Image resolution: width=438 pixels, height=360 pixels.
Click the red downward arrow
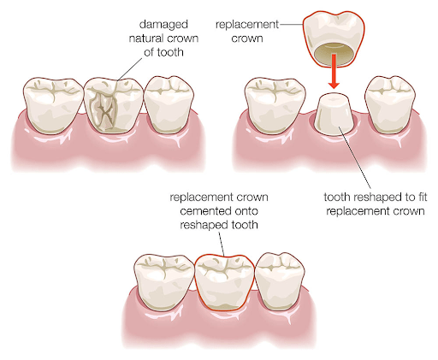click(x=334, y=71)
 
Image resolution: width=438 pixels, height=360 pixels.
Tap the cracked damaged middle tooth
click(x=113, y=105)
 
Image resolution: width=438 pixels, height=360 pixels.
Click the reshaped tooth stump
click(x=334, y=114)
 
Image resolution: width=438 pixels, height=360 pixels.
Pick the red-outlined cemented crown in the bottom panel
click(x=224, y=282)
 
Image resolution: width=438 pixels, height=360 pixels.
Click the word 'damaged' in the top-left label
click(x=163, y=24)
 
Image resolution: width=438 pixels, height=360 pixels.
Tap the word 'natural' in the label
click(x=146, y=38)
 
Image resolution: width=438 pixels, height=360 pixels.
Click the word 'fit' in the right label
click(x=422, y=197)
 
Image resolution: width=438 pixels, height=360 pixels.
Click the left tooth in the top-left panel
click(x=53, y=105)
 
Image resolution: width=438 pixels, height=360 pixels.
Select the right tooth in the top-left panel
click(x=169, y=104)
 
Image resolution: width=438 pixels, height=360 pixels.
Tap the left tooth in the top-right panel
click(x=275, y=105)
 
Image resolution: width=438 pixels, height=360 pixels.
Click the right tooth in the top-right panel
click(x=390, y=104)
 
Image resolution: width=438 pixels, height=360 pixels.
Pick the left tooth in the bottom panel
click(x=163, y=282)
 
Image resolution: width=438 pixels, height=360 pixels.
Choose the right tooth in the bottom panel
click(x=280, y=281)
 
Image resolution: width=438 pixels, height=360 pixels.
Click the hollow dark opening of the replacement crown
click(x=334, y=53)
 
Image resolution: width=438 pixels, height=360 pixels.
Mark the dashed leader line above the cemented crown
click(x=222, y=243)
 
